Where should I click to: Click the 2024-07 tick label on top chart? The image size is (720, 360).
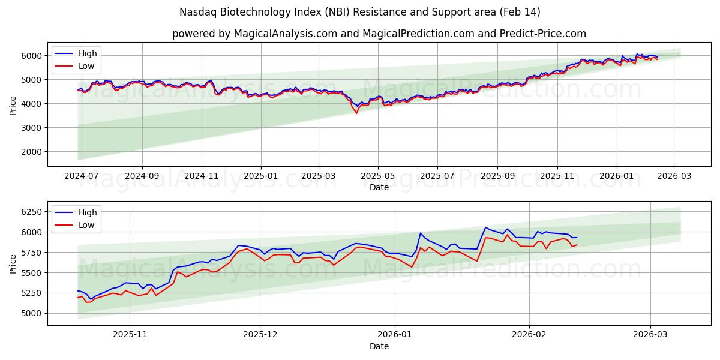coord(81,176)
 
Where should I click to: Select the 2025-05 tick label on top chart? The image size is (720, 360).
coord(378,176)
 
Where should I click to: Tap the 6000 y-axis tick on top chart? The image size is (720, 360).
coord(31,56)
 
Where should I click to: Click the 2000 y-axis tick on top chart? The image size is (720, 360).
coord(31,152)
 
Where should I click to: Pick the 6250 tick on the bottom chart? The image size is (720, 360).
coord(31,212)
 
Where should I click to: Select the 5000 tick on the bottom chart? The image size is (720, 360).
coord(31,313)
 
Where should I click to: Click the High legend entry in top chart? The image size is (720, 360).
coord(88,54)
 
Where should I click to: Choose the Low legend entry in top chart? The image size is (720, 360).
coord(86,67)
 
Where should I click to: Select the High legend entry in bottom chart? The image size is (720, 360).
coord(88,212)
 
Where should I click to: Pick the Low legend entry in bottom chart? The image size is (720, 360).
coord(86,225)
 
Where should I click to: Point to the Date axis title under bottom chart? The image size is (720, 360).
coord(379,346)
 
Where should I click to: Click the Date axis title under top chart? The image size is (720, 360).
coord(379,187)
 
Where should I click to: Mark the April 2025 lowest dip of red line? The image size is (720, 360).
coord(356,113)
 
